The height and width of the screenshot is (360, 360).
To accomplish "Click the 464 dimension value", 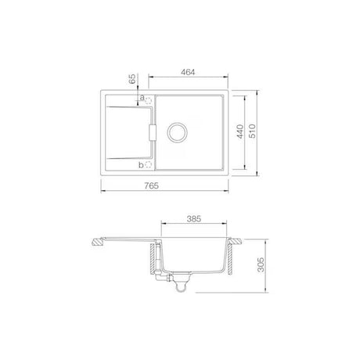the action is [188, 72].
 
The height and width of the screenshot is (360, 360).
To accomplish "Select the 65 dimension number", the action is [132, 79].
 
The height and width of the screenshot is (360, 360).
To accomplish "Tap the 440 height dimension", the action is [240, 131].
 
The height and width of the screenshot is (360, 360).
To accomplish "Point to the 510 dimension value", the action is [253, 131].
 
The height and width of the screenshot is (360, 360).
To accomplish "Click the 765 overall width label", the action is [152, 185].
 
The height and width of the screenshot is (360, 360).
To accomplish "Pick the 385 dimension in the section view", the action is [194, 218].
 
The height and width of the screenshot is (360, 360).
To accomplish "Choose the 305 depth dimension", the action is [261, 265].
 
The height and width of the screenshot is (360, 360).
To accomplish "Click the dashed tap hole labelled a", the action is [149, 100].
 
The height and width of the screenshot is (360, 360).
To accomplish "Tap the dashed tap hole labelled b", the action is [148, 165].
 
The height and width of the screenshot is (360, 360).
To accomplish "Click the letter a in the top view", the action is [142, 98].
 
